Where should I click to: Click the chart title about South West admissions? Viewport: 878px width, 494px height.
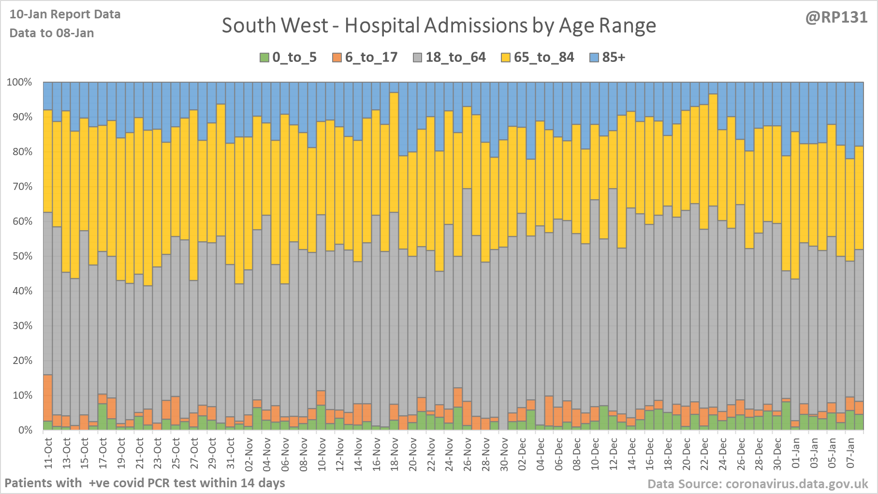click(439, 26)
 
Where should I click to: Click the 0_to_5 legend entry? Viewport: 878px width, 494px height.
click(289, 58)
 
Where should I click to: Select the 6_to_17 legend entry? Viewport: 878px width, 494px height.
click(365, 58)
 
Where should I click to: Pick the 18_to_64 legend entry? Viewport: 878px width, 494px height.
click(450, 58)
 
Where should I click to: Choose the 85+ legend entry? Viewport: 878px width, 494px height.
click(608, 58)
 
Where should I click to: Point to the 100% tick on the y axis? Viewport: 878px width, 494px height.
click(19, 82)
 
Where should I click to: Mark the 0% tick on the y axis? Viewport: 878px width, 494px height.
click(24, 430)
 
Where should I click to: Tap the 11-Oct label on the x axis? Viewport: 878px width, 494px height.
click(48, 453)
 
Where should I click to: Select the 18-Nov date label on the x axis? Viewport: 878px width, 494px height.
click(395, 453)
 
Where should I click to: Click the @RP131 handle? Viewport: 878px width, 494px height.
click(836, 17)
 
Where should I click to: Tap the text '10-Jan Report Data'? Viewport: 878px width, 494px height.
click(65, 15)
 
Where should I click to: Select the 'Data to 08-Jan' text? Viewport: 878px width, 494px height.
click(52, 33)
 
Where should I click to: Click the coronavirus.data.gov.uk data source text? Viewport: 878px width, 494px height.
click(758, 484)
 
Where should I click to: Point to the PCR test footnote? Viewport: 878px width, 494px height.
click(145, 483)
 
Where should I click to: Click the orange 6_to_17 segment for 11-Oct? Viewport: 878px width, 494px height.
click(47, 398)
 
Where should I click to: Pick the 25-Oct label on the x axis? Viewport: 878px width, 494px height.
click(176, 453)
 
